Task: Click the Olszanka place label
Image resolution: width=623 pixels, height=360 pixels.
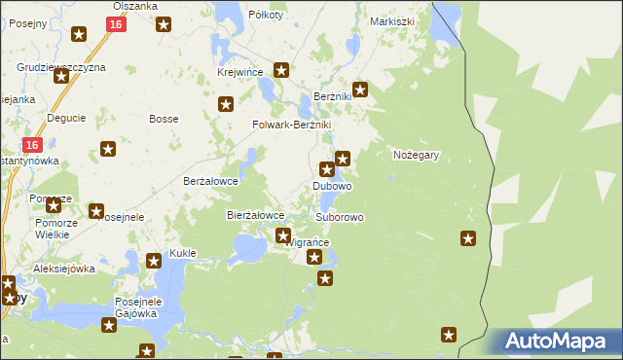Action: pyautogui.click(x=134, y=6)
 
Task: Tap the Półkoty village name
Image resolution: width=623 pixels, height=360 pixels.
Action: pyautogui.click(x=266, y=15)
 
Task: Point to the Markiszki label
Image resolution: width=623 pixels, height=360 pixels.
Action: pyautogui.click(x=392, y=20)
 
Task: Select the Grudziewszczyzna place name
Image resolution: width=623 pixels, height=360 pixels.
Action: pyautogui.click(x=61, y=67)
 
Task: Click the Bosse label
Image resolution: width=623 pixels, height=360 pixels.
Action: pyautogui.click(x=162, y=119)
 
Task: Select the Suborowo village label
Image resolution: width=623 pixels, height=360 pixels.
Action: pyautogui.click(x=340, y=217)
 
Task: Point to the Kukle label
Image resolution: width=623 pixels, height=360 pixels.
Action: pyautogui.click(x=183, y=253)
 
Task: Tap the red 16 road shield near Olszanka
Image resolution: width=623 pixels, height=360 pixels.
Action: pyautogui.click(x=116, y=24)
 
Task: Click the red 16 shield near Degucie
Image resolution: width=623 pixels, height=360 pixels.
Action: pyautogui.click(x=32, y=145)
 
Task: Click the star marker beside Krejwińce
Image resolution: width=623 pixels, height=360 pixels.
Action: pyautogui.click(x=281, y=69)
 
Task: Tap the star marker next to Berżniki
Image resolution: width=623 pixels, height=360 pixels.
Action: pyautogui.click(x=360, y=90)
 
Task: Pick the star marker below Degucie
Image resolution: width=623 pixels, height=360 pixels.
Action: pyautogui.click(x=108, y=149)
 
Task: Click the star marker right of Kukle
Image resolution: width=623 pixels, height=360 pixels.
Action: pyautogui.click(x=153, y=260)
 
